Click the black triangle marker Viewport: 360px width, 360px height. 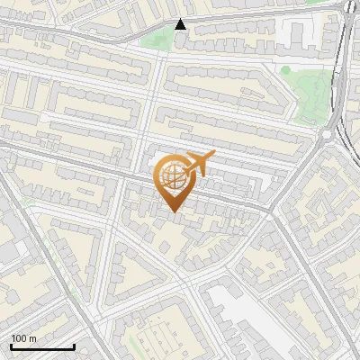coord(181,24)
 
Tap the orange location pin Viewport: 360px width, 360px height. coord(174,181)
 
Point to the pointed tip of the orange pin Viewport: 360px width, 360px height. coord(174,211)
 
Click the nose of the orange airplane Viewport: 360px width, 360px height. coord(213,154)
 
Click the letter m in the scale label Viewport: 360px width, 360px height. coord(33,338)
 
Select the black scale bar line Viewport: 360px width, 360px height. coord(42,346)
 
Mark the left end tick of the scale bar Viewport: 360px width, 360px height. coord(12,345)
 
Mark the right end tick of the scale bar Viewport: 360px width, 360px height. coord(74,345)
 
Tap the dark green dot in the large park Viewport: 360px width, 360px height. coord(286,69)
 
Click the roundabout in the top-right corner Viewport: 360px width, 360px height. coord(348,7)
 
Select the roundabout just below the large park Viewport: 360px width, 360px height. coord(326,135)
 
